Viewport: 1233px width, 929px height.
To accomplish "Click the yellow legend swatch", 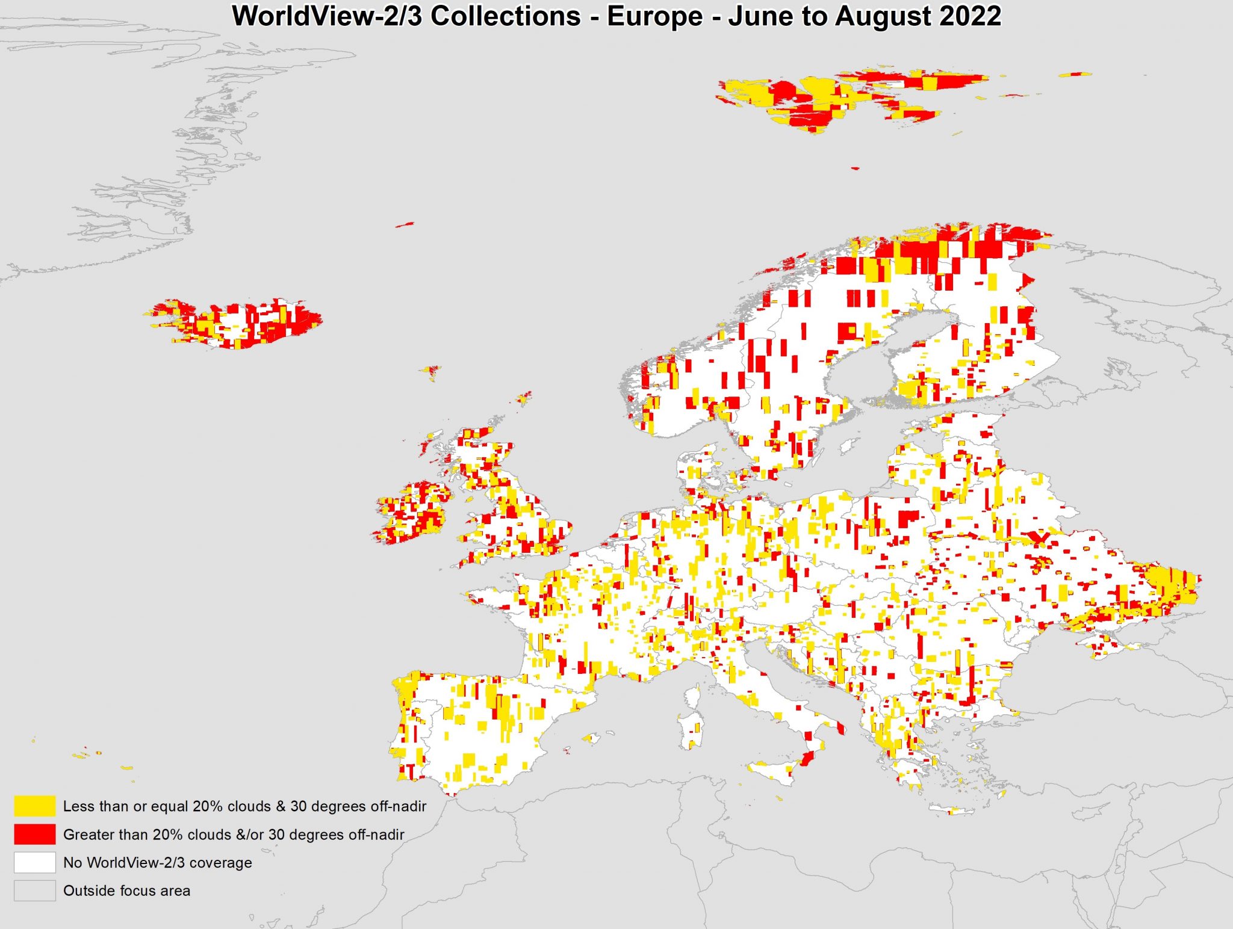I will [x=35, y=806].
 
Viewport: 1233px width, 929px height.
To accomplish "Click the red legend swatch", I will [x=35, y=834].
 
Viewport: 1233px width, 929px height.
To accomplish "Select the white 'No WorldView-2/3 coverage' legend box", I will [x=35, y=862].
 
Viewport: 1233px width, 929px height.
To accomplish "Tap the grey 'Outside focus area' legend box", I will [x=35, y=890].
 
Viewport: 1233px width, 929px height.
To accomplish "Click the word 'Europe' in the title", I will [x=654, y=16].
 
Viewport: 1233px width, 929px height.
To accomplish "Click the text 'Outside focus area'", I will [x=126, y=890].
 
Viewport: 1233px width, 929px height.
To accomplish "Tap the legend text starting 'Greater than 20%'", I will [x=234, y=835].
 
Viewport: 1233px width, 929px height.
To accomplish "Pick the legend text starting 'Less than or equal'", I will [x=244, y=806].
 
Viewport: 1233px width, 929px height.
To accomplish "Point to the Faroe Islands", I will [x=431, y=371].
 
